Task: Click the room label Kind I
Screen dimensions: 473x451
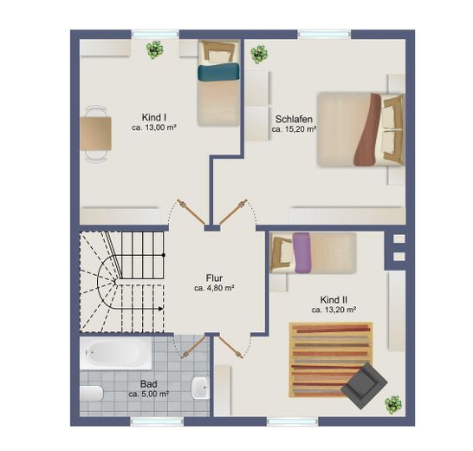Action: point(154,117)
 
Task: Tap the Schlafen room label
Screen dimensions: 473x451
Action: point(294,119)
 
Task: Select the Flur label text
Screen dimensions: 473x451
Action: point(214,278)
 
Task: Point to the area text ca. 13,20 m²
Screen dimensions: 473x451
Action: point(334,310)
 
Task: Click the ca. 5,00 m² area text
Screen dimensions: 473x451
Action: point(148,394)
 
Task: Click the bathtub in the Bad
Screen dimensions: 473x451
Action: point(116,353)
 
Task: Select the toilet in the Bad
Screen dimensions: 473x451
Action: point(92,393)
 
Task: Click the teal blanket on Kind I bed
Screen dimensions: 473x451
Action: point(218,72)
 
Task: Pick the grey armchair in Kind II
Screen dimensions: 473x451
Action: point(364,386)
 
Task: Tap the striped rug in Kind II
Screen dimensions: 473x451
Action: point(330,360)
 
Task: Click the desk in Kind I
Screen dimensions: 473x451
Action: point(95,134)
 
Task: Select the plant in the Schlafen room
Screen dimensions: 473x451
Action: point(259,55)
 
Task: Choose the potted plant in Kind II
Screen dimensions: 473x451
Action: point(393,405)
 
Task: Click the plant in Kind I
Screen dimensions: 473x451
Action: point(155,50)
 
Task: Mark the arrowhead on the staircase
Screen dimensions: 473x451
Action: point(161,309)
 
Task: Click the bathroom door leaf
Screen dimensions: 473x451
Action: point(193,348)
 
